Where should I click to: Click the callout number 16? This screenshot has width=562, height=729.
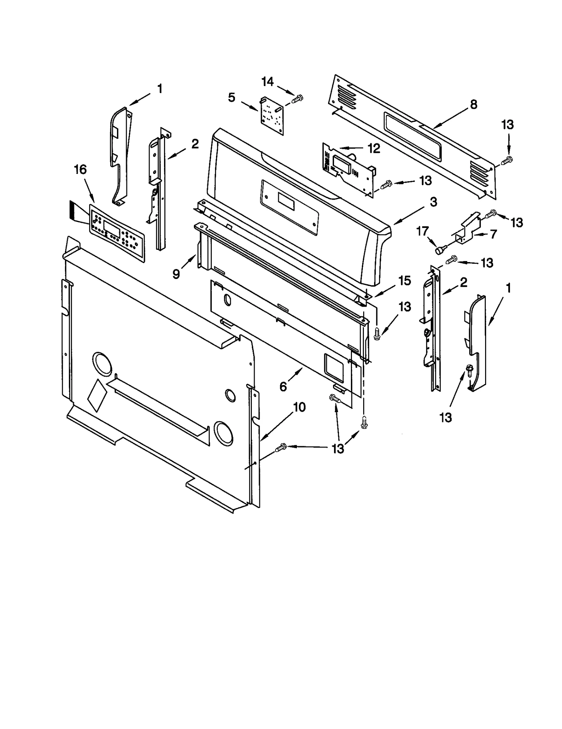80,170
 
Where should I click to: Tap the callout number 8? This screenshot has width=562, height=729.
473,104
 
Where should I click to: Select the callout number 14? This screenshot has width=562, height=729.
267,82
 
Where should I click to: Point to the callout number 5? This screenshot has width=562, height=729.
231,97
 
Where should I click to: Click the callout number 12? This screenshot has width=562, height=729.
374,149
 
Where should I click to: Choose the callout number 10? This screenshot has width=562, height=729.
299,407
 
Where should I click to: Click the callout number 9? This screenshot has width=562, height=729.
176,274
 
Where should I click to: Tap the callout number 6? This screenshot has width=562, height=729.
283,386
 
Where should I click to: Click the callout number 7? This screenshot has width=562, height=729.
493,234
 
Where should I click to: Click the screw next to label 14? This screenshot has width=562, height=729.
297,99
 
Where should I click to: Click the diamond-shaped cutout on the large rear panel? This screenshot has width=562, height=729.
97,395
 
